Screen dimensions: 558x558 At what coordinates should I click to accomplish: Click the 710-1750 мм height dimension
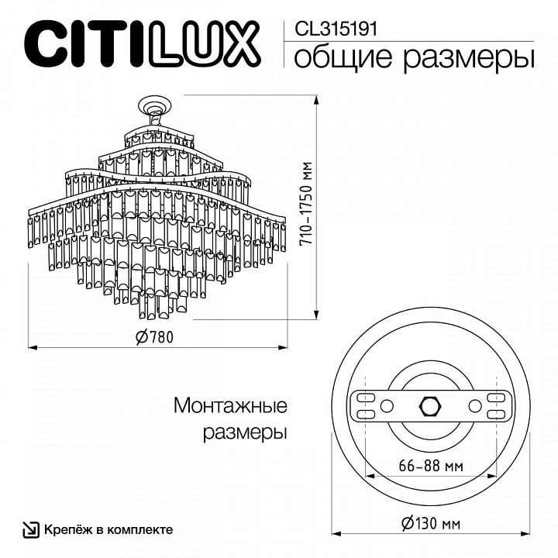click(x=308, y=208)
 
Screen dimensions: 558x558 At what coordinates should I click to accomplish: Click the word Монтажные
click(x=230, y=406)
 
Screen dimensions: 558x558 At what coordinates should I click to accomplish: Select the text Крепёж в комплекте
click(x=108, y=529)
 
